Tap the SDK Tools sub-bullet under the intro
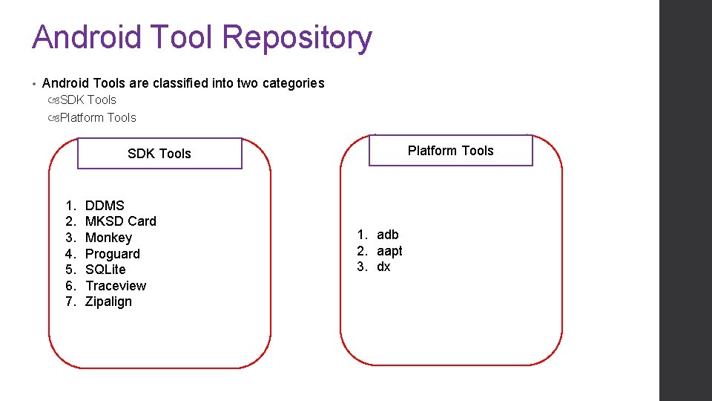(88, 100)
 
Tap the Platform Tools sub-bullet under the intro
(98, 117)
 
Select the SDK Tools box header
(159, 154)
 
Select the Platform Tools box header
(450, 151)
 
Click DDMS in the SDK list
(105, 206)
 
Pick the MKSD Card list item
(121, 221)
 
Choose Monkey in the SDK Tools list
(108, 238)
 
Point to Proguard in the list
(112, 254)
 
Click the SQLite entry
(105, 270)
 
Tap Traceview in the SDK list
(116, 286)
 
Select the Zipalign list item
(108, 301)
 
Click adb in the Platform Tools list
(387, 235)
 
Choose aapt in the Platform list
(389, 251)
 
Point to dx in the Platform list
(383, 267)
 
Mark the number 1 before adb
(361, 235)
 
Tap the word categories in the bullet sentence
(293, 83)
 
